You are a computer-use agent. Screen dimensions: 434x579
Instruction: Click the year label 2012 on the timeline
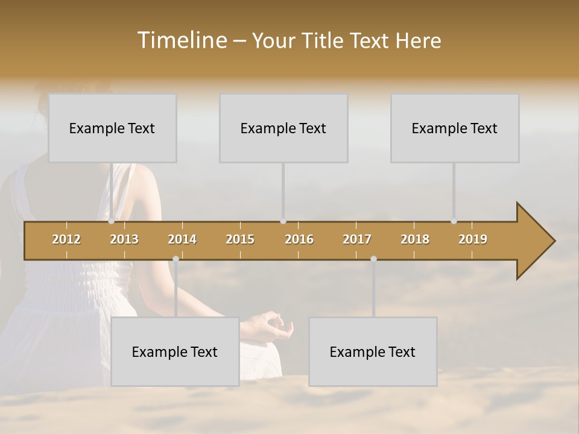point(66,239)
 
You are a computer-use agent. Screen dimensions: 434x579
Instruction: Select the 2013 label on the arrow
point(124,239)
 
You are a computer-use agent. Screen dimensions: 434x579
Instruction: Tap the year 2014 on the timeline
point(182,239)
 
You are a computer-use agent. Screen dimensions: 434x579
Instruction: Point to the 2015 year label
point(240,239)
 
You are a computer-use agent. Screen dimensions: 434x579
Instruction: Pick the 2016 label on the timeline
point(299,239)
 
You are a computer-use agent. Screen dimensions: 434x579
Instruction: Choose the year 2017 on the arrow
point(357,239)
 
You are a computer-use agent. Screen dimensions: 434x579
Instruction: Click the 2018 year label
point(415,239)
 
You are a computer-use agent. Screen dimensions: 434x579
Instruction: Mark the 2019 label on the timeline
point(473,239)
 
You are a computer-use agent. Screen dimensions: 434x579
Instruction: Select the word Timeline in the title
point(182,40)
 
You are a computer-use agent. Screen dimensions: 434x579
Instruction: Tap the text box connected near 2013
point(112,128)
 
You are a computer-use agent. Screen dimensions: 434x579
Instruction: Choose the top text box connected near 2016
point(283,128)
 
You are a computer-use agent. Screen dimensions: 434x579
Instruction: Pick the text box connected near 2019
point(455,128)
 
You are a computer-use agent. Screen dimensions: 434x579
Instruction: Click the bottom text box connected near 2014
point(175,351)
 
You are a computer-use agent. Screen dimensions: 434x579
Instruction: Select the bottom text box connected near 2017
point(373,351)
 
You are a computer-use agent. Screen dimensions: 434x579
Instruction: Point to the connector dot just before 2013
point(112,221)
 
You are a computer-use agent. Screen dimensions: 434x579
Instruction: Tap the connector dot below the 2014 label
point(176,259)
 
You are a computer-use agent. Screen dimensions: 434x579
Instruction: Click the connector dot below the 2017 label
point(373,259)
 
